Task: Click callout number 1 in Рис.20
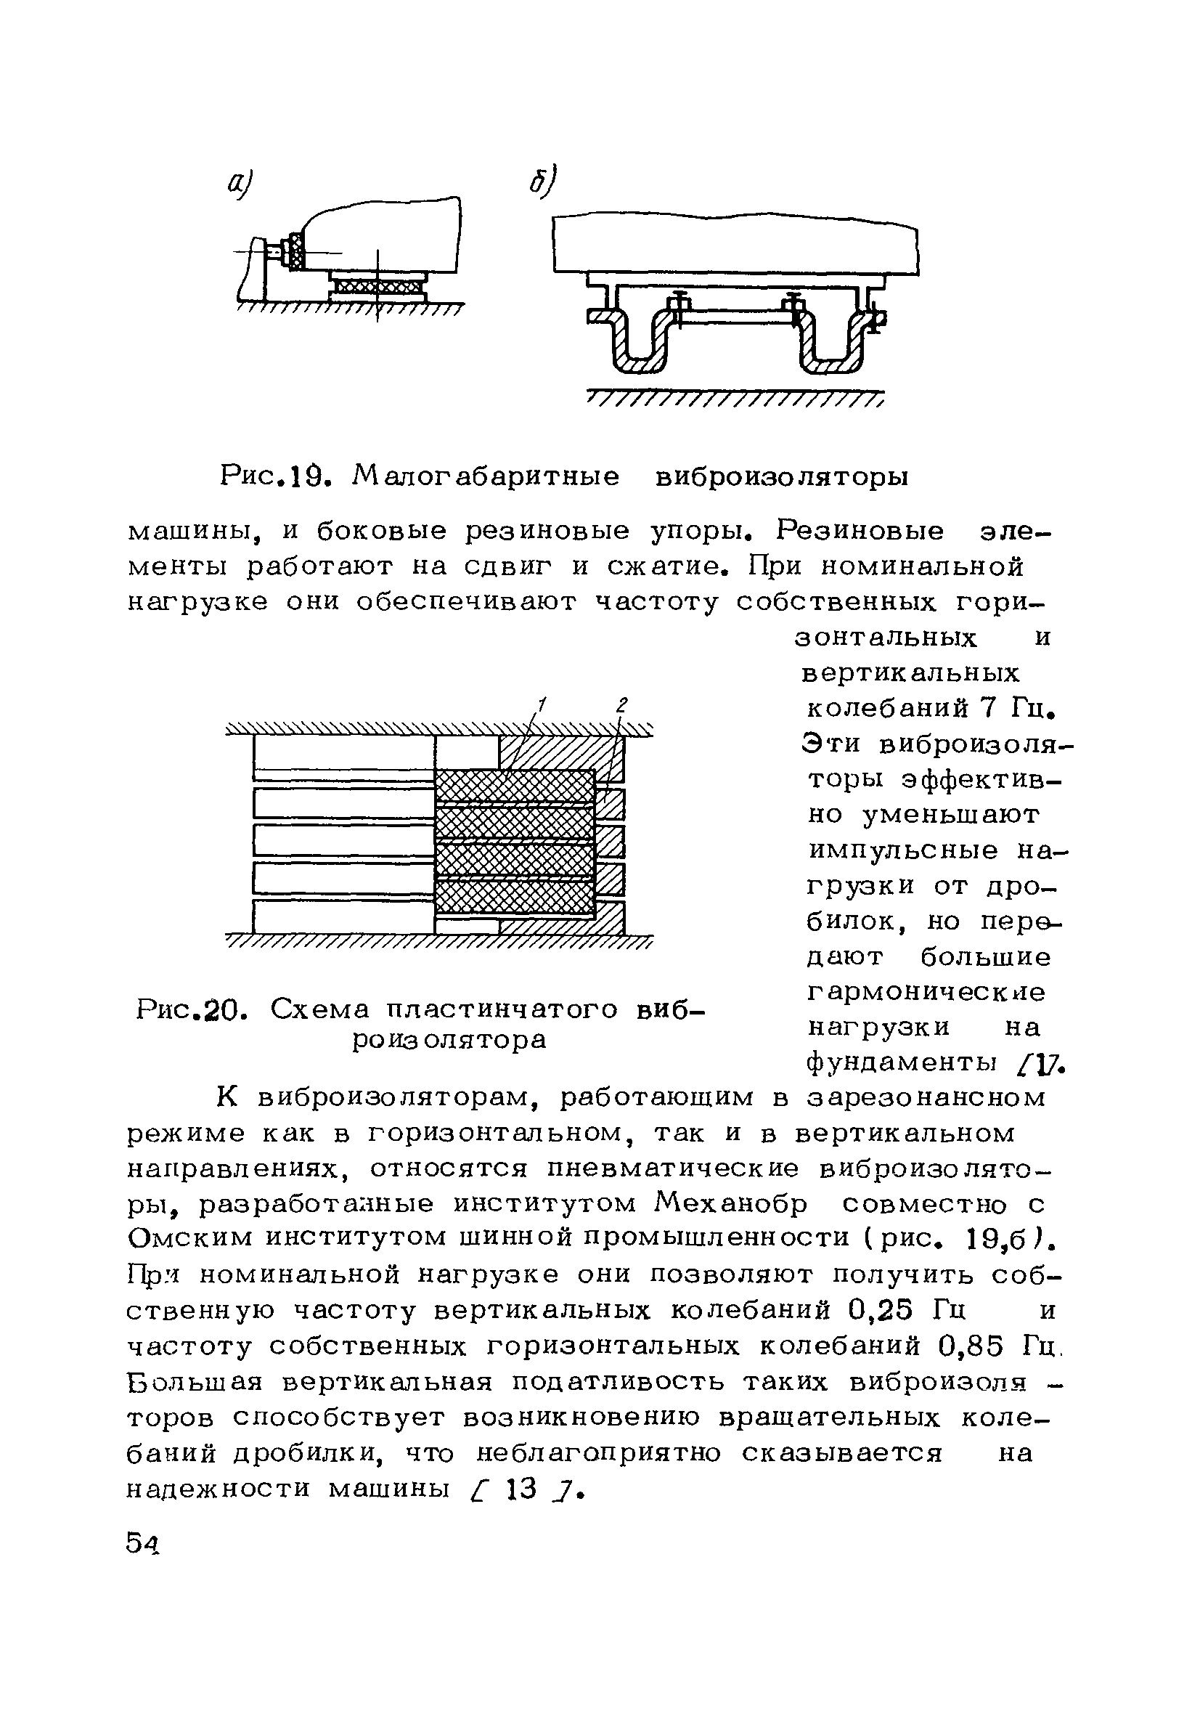pyautogui.click(x=542, y=704)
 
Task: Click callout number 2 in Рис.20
pyautogui.click(x=621, y=704)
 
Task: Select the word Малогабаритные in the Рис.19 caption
pyautogui.click(x=486, y=476)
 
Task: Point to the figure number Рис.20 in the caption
pyautogui.click(x=191, y=1010)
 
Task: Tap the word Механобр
pyautogui.click(x=730, y=1204)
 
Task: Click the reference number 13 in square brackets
pyautogui.click(x=521, y=1489)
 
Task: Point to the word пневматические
pyautogui.click(x=672, y=1168)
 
